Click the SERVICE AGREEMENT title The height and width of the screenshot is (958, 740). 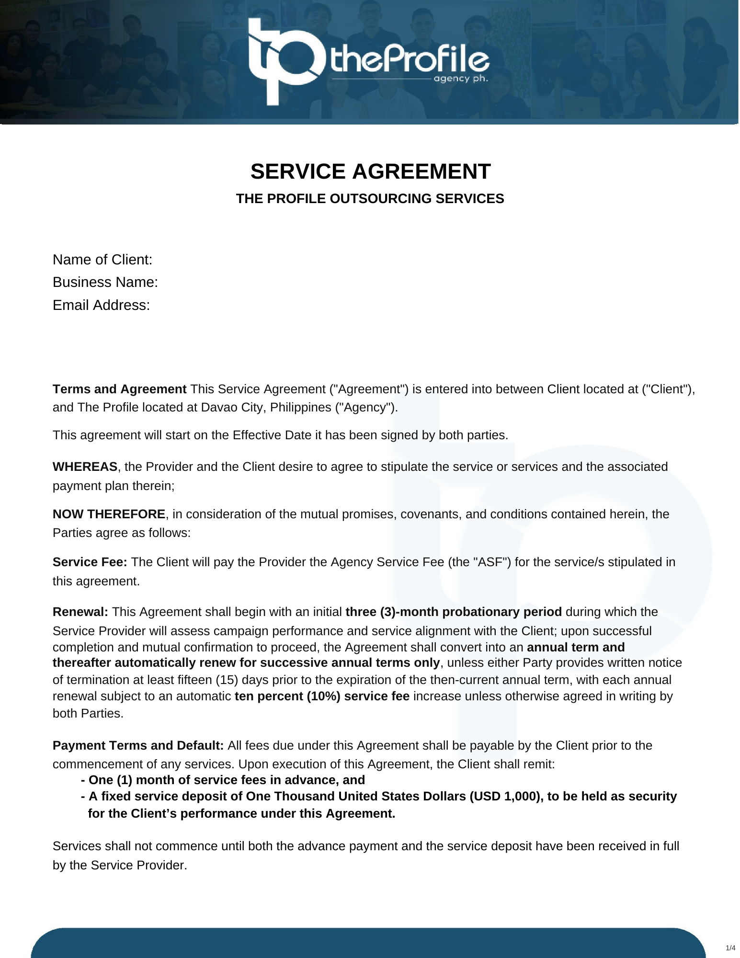point(370,171)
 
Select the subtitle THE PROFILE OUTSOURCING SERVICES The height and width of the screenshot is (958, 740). point(370,199)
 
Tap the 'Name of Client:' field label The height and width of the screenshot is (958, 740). point(102,260)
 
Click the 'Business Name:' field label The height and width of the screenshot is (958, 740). point(105,282)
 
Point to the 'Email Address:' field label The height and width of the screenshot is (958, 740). point(102,305)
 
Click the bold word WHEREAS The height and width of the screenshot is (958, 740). point(85,467)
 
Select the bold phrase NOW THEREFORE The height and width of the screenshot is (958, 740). point(109,514)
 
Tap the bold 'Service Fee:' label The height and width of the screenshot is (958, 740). point(90,562)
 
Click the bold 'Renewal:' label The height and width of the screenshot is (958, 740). point(80,612)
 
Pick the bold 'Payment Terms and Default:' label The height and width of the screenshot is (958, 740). point(138,745)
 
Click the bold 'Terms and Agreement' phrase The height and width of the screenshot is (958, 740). point(119,389)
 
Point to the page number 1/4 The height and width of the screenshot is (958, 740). point(730,948)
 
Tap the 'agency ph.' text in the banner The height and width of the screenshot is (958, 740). point(461,79)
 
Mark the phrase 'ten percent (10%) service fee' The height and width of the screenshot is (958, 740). point(322,696)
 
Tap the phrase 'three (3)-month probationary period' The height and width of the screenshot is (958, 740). point(454,612)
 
